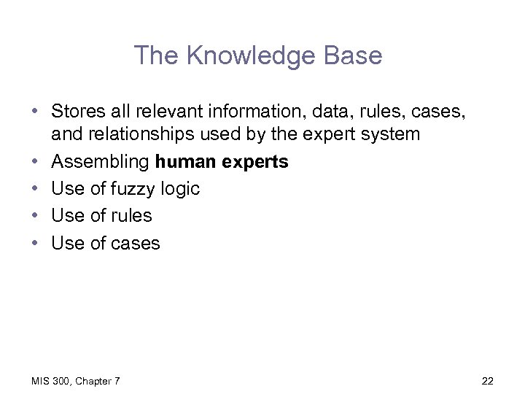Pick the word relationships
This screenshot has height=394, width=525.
pos(165,134)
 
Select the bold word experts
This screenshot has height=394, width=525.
pos(254,161)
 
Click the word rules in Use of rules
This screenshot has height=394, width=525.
pos(131,215)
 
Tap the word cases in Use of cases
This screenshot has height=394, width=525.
pos(135,242)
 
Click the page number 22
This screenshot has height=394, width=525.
pos(488,380)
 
